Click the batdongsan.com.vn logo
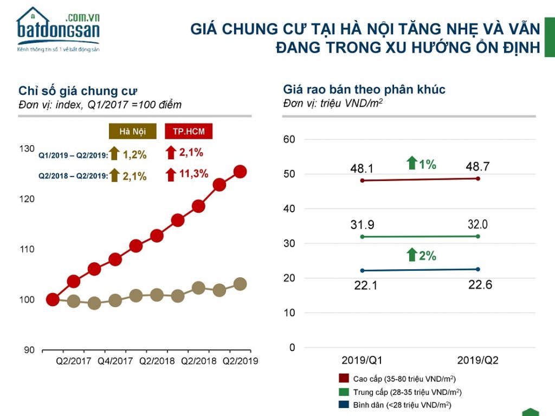pos(59,30)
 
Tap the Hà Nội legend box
pos(132,131)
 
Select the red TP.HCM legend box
pos(189,131)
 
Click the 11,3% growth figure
pos(193,174)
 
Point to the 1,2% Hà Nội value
pos(134,154)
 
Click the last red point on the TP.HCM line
pos(240,172)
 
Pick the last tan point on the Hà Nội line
pos(240,284)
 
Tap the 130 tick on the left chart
pos(27,148)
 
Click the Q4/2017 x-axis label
pos(115,361)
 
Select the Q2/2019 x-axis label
pos(240,361)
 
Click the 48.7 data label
pos(477,167)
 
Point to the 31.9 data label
pos(362,225)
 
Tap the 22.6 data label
pos(480,284)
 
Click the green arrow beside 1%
pos(412,162)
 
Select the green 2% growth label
pos(428,256)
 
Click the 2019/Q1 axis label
pos(362,360)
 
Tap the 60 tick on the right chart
pos(289,139)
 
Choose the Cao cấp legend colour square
pos(344,378)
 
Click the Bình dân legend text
pos(402,405)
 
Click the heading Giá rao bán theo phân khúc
pos(364,89)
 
